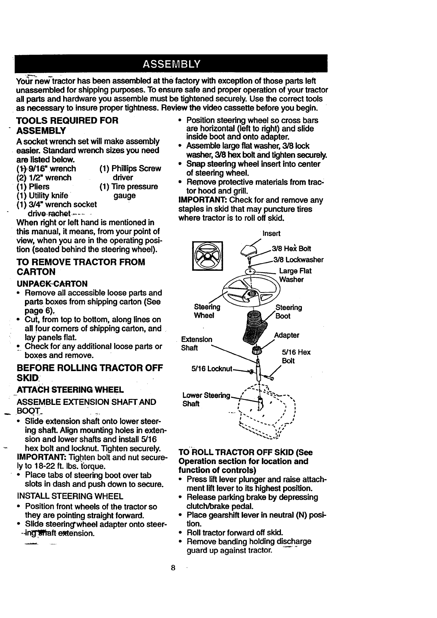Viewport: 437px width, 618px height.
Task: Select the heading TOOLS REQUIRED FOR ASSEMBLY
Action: click(68, 125)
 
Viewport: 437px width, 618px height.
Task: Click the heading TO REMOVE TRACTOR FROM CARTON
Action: click(81, 267)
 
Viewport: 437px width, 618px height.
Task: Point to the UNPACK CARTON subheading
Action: click(52, 284)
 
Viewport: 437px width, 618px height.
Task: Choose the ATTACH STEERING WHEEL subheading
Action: click(70, 389)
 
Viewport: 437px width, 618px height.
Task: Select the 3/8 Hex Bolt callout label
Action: click(292, 249)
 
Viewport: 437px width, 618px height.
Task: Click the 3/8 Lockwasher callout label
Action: click(298, 260)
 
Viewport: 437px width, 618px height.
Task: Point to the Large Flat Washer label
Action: click(295, 275)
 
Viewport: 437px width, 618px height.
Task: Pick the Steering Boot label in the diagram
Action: click(289, 312)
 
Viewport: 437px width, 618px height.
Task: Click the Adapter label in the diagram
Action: click(286, 335)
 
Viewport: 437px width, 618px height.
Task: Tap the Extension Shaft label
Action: click(197, 343)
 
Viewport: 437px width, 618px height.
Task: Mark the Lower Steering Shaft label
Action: click(206, 399)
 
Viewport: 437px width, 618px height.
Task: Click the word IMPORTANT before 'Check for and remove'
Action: click(199, 200)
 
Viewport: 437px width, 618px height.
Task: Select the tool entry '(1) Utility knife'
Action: click(43, 195)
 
